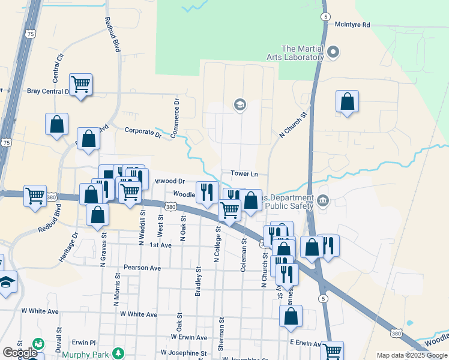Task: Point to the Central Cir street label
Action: (58, 68)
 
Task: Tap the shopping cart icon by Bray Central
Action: (80, 85)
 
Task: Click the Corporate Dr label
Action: (143, 132)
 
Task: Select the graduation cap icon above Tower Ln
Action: (240, 106)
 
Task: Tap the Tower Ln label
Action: (244, 174)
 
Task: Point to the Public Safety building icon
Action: (324, 200)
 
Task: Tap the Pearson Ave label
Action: (142, 268)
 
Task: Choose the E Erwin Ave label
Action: (306, 343)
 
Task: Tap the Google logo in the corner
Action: (20, 352)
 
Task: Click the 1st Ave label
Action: (161, 245)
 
